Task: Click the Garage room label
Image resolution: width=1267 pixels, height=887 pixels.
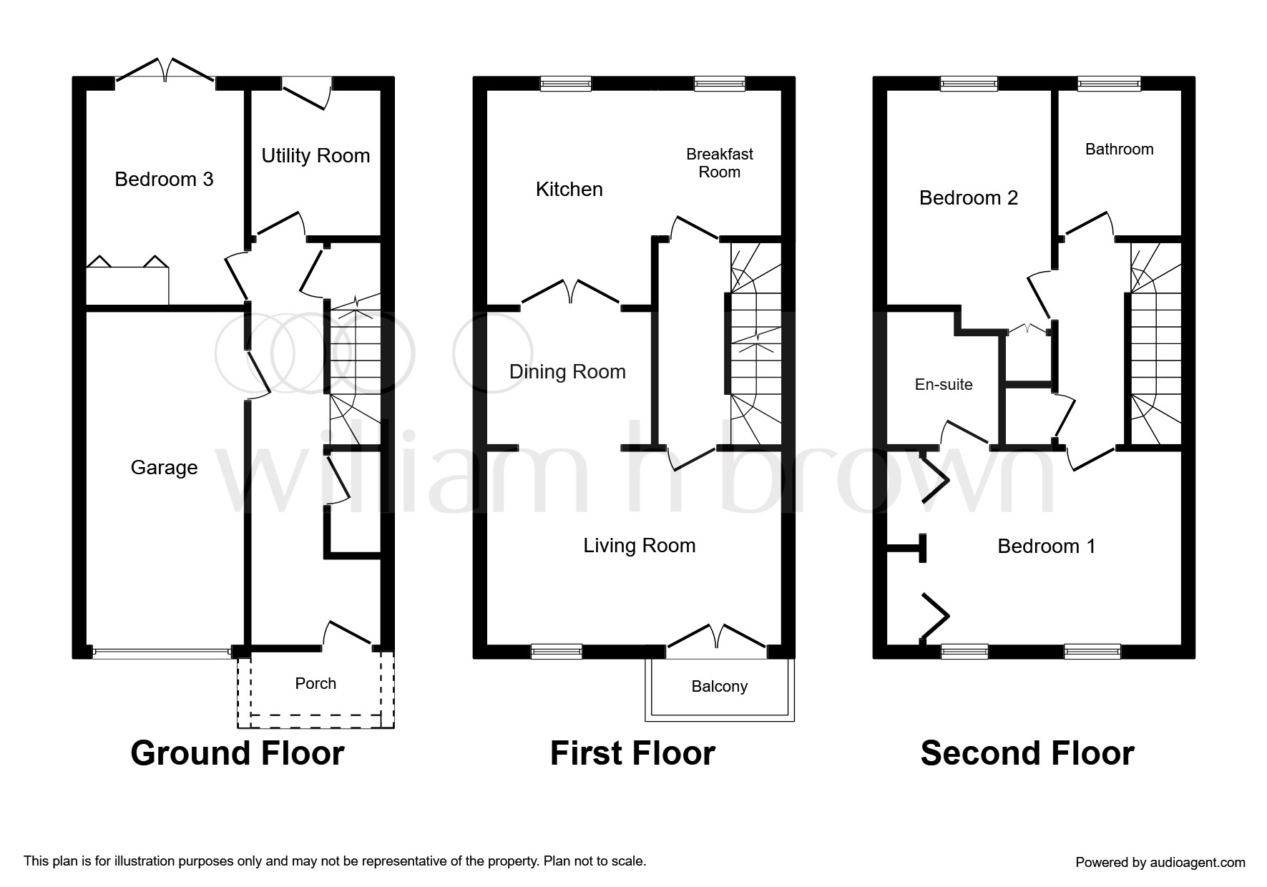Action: pyautogui.click(x=164, y=468)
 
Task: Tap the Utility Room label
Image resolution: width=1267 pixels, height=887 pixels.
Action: pyautogui.click(x=315, y=156)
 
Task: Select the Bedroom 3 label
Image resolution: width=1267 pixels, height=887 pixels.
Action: pyautogui.click(x=164, y=179)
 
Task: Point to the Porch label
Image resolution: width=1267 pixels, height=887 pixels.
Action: pyautogui.click(x=315, y=684)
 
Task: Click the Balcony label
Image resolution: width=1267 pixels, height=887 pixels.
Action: pyautogui.click(x=719, y=687)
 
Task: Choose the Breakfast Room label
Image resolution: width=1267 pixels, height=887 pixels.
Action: pyautogui.click(x=719, y=163)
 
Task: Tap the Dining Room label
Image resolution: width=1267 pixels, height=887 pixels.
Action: pyautogui.click(x=567, y=372)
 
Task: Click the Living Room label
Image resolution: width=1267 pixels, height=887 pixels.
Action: pyautogui.click(x=639, y=546)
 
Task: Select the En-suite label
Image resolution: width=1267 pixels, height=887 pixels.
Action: pyautogui.click(x=944, y=385)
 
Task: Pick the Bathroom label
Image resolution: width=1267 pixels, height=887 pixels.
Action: pyautogui.click(x=1119, y=150)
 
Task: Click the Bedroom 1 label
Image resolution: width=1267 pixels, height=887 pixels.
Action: pyautogui.click(x=1046, y=547)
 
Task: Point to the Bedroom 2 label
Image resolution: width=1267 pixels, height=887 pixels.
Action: pyautogui.click(x=968, y=197)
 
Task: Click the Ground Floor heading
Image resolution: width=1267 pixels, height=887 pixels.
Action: pyautogui.click(x=238, y=753)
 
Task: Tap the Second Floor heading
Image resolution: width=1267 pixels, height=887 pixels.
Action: pyautogui.click(x=1027, y=753)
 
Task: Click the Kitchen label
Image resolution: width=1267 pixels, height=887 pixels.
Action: pyautogui.click(x=569, y=190)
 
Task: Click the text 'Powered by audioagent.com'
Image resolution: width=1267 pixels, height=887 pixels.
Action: pyautogui.click(x=1160, y=863)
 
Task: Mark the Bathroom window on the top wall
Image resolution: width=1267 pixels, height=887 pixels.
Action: pyautogui.click(x=1109, y=84)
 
